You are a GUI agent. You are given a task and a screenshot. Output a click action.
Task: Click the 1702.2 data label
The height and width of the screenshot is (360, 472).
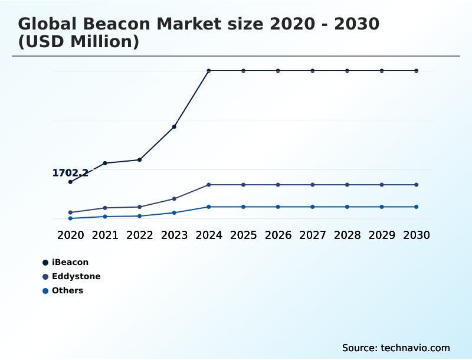[x=70, y=173]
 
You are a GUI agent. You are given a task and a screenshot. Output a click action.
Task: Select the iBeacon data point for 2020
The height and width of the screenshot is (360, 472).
[x=70, y=182]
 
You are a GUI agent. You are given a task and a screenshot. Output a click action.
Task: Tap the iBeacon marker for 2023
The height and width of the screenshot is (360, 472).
[x=174, y=127]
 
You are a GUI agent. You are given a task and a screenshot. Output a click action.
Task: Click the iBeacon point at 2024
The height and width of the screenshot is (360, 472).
[x=209, y=71]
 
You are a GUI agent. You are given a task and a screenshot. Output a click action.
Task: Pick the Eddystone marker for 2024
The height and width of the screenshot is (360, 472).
[x=209, y=185]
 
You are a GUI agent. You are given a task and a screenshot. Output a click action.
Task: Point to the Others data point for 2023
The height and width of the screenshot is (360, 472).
[x=174, y=212]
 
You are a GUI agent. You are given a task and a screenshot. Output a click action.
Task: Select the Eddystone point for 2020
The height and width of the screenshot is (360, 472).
[x=70, y=212]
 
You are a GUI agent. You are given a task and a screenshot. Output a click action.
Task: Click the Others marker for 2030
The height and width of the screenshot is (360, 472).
[x=416, y=207]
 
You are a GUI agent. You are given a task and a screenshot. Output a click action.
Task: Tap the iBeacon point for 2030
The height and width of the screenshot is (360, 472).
[x=416, y=71]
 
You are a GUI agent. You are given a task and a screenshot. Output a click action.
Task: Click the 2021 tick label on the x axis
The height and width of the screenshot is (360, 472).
[x=105, y=235]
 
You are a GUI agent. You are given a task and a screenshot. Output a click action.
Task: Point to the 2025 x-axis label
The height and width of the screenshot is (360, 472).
[x=243, y=235]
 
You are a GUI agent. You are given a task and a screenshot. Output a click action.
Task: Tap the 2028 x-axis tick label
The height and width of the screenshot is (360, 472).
[x=347, y=235]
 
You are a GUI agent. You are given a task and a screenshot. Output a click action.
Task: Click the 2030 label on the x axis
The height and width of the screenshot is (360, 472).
[x=416, y=235]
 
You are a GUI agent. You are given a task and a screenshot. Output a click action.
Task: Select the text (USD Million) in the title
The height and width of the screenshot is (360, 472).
[x=78, y=42]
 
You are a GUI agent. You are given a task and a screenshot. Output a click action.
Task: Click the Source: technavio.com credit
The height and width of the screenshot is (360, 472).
[x=396, y=348]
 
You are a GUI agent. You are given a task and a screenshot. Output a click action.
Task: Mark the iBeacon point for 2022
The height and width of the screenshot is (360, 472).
[x=140, y=160]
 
